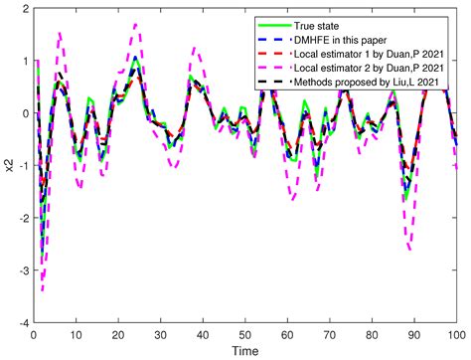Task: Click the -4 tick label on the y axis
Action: point(22,323)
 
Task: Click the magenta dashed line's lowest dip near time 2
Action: point(42,289)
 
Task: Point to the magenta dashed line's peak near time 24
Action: point(135,24)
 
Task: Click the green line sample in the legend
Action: point(281,24)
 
